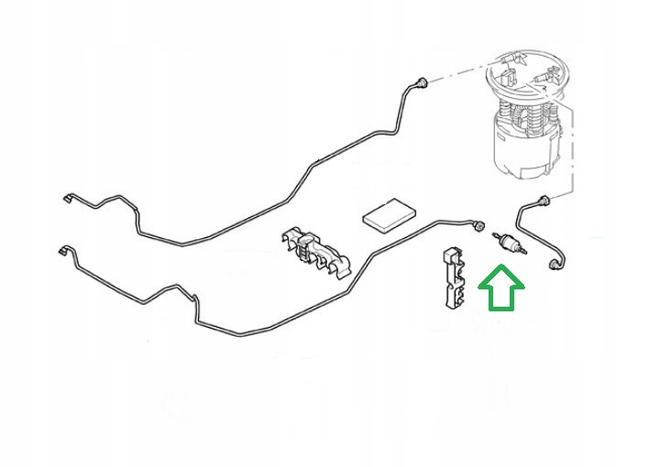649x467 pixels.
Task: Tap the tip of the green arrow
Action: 500,268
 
